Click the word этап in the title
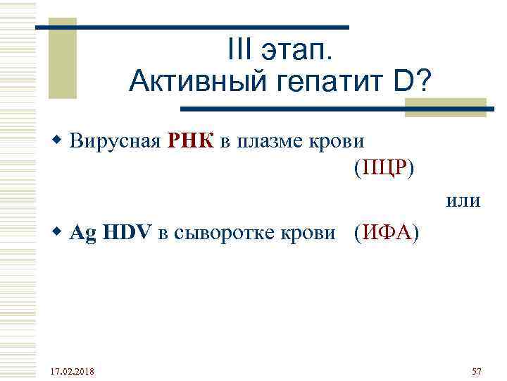pyautogui.click(x=298, y=53)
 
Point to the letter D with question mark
pyautogui.click(x=413, y=83)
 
